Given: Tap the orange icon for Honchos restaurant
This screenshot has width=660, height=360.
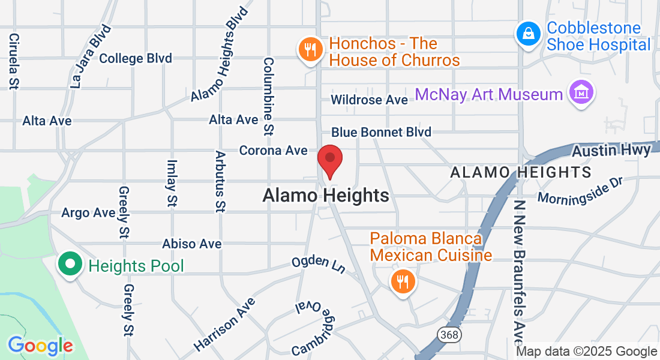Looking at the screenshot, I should point(310,49).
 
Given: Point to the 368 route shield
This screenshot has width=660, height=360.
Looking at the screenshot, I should point(449,335).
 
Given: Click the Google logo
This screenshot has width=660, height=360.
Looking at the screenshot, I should point(40,346).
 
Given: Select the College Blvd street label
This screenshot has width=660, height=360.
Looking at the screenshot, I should point(136,58).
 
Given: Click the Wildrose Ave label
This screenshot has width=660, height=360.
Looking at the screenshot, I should point(370,100).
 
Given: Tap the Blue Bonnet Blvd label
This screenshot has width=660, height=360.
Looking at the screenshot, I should point(381,132).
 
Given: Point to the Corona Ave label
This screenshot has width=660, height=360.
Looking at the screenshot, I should point(273,150).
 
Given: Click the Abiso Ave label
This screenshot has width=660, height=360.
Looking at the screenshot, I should point(192,244).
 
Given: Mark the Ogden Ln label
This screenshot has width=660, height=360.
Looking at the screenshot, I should point(319,264).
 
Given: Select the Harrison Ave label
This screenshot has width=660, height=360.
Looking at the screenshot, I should point(221,324).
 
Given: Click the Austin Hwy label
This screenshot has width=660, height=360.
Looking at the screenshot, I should point(611,151).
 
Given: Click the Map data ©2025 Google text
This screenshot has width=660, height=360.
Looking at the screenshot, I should point(587,352).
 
